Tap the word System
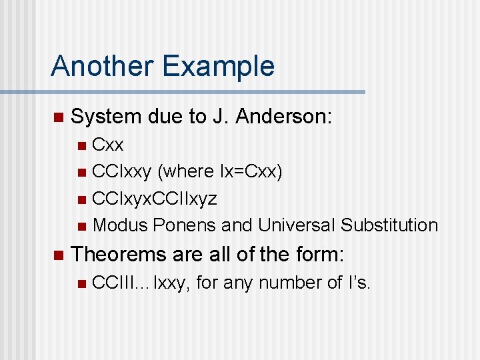106,117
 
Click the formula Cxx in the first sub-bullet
107,145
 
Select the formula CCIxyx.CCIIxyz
154,199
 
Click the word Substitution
389,225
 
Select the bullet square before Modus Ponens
81,226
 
